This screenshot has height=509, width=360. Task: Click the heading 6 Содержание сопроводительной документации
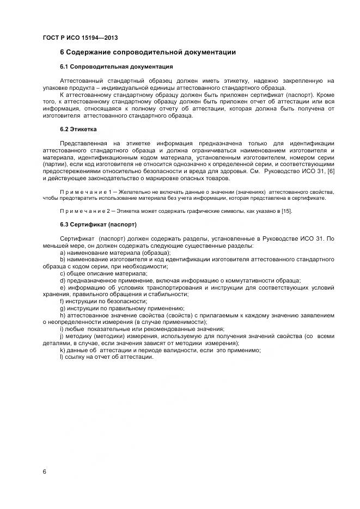[147, 53]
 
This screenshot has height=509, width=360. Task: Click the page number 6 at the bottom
[45, 471]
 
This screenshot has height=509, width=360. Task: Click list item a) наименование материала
[115, 253]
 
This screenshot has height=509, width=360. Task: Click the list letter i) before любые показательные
[62, 329]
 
